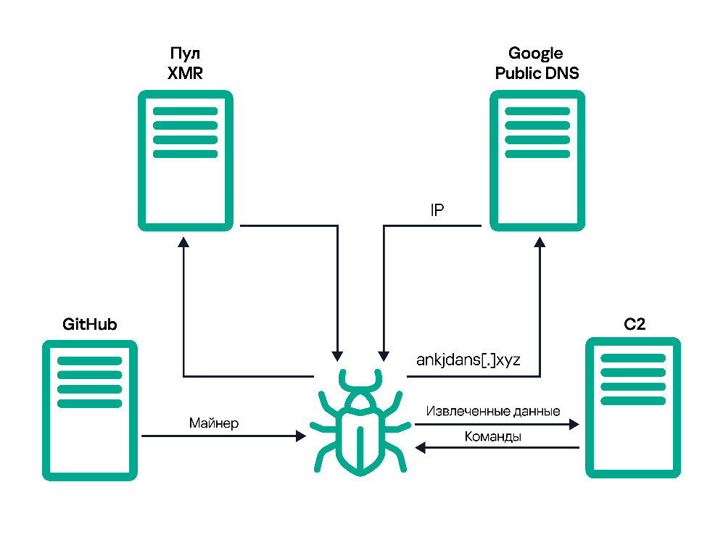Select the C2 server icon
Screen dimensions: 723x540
tap(632, 408)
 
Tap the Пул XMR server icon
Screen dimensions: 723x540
tap(186, 160)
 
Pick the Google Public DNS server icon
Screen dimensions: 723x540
tap(537, 160)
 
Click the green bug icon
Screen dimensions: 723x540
tap(360, 422)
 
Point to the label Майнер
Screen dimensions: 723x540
tap(214, 423)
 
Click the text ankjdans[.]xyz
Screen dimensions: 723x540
tap(468, 360)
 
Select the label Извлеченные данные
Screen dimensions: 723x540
tap(493, 411)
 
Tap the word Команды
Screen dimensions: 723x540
tap(493, 436)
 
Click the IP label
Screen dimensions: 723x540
tap(437, 210)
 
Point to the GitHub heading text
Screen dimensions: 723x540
tap(89, 325)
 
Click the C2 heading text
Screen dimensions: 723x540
tap(635, 325)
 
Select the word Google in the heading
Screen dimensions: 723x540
tap(535, 54)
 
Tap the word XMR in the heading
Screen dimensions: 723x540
tap(185, 73)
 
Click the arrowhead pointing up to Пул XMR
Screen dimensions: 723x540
tap(183, 242)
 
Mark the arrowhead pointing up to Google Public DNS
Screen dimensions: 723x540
tap(540, 242)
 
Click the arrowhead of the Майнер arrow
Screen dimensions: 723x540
tap(301, 436)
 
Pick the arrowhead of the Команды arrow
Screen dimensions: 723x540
tap(420, 447)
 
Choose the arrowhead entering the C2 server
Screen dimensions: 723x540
tap(574, 424)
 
